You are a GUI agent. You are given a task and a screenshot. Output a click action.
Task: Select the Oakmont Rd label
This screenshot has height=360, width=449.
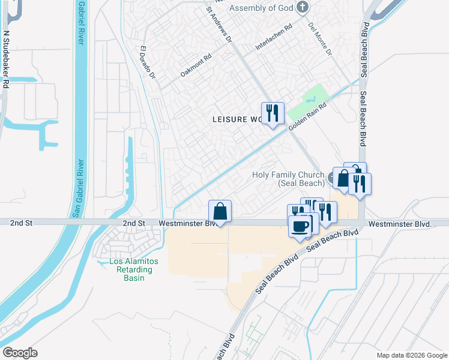[196, 67]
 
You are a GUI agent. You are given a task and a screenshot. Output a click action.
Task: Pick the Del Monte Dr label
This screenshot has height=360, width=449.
[320, 39]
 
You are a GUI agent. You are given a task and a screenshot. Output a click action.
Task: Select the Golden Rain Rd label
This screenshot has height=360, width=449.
[307, 116]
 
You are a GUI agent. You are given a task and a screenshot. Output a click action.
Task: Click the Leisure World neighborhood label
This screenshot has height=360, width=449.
[238, 119]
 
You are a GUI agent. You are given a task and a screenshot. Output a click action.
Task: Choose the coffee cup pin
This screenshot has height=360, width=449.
[300, 226]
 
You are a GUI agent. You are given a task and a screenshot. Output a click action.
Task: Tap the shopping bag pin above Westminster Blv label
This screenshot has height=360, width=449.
[220, 211]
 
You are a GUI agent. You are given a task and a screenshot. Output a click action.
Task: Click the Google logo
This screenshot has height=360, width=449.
[20, 353]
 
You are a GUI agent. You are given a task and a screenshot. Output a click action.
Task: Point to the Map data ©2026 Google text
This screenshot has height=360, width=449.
[411, 355]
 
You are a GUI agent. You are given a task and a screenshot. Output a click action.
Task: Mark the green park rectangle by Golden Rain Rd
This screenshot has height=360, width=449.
[308, 103]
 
